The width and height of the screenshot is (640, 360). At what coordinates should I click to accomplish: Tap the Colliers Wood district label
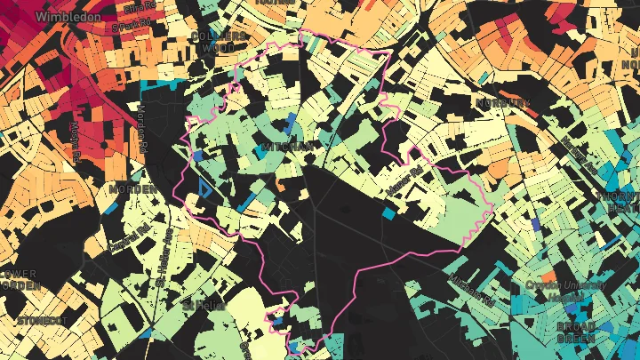coord(218,41)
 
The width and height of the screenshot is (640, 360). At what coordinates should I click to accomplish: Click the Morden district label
coord(127,189)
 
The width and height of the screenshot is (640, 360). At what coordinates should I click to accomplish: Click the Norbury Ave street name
coord(578,156)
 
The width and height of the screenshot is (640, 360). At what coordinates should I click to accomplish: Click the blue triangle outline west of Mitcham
coord(205,188)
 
